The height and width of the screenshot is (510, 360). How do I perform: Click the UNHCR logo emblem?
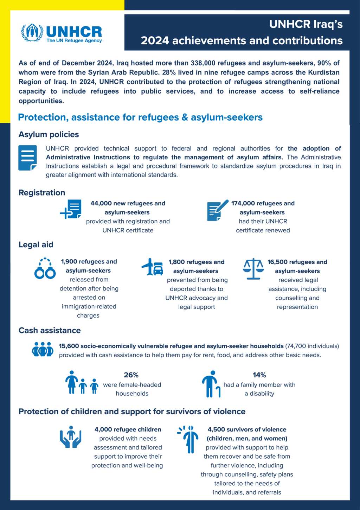click(32, 32)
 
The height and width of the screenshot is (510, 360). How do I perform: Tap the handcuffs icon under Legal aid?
click(45, 269)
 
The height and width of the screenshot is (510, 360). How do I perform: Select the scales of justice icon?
click(253, 269)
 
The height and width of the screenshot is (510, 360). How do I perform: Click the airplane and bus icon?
click(153, 267)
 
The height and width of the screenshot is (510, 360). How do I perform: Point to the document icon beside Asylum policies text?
click(27, 158)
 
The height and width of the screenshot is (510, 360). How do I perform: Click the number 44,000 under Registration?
click(101, 203)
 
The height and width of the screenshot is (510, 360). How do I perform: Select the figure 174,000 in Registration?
click(243, 203)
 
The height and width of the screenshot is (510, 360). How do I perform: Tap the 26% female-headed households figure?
click(131, 375)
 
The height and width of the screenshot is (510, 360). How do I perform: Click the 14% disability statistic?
click(259, 375)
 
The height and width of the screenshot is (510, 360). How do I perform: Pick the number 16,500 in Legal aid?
click(277, 262)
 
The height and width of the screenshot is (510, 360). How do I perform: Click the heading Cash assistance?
click(50, 330)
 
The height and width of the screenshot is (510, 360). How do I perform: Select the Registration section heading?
click(42, 192)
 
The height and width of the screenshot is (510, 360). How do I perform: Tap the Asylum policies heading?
click(49, 134)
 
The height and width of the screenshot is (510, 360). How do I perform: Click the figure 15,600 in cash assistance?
click(69, 346)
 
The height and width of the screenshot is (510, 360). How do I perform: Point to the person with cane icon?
click(211, 384)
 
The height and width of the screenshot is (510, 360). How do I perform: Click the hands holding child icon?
click(71, 437)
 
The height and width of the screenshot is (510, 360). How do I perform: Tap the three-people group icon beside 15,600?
click(43, 349)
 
